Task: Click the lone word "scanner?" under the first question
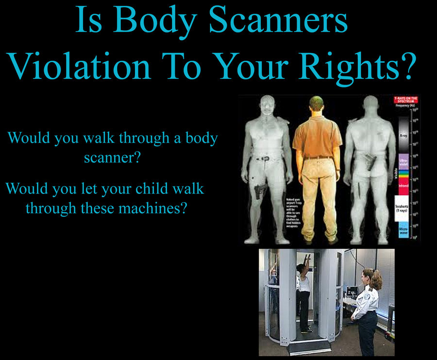pos(113,158)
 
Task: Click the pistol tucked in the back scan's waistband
pos(370,161)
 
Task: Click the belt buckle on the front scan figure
pos(265,158)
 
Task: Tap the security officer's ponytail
pos(377,280)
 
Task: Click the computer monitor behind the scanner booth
pos(351,292)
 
